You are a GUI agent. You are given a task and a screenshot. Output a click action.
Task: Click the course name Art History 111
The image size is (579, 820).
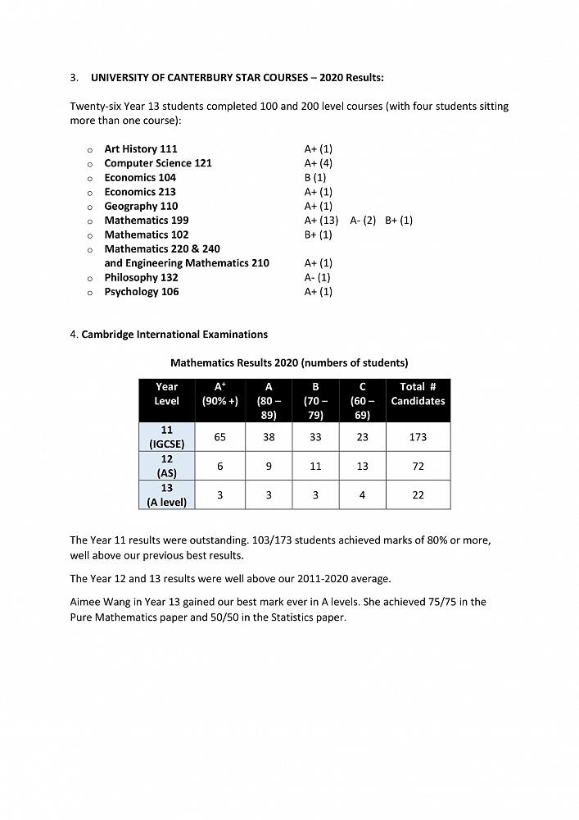click(x=140, y=149)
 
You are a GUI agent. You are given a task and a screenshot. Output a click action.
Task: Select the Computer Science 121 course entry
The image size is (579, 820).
click(x=157, y=163)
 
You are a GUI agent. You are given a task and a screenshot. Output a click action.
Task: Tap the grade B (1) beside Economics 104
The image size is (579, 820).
click(x=314, y=177)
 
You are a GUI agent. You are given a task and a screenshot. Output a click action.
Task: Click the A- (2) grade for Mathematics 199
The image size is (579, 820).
click(x=363, y=221)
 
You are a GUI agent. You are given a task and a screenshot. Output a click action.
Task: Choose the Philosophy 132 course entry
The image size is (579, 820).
click(x=141, y=277)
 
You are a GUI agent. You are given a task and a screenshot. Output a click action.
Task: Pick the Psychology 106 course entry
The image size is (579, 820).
click(x=141, y=292)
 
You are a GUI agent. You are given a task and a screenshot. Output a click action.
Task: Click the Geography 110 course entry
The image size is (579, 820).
click(x=141, y=206)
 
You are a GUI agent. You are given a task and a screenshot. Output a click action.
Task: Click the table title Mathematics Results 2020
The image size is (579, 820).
click(x=288, y=362)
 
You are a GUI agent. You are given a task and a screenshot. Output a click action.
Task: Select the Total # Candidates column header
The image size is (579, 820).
click(x=418, y=394)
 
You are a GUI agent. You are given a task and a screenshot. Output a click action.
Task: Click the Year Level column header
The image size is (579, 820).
click(x=166, y=394)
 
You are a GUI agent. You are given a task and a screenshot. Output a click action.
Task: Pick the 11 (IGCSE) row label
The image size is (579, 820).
click(x=166, y=437)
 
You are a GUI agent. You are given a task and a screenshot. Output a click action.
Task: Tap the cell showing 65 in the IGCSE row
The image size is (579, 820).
click(x=220, y=437)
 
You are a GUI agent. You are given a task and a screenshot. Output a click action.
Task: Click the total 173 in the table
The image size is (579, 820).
click(x=418, y=437)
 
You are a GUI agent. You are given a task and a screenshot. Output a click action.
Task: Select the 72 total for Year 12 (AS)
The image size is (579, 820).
click(x=418, y=466)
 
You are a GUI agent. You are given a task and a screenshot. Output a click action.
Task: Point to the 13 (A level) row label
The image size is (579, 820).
click(x=166, y=494)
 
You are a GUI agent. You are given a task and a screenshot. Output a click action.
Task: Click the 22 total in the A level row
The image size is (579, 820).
click(x=418, y=495)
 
